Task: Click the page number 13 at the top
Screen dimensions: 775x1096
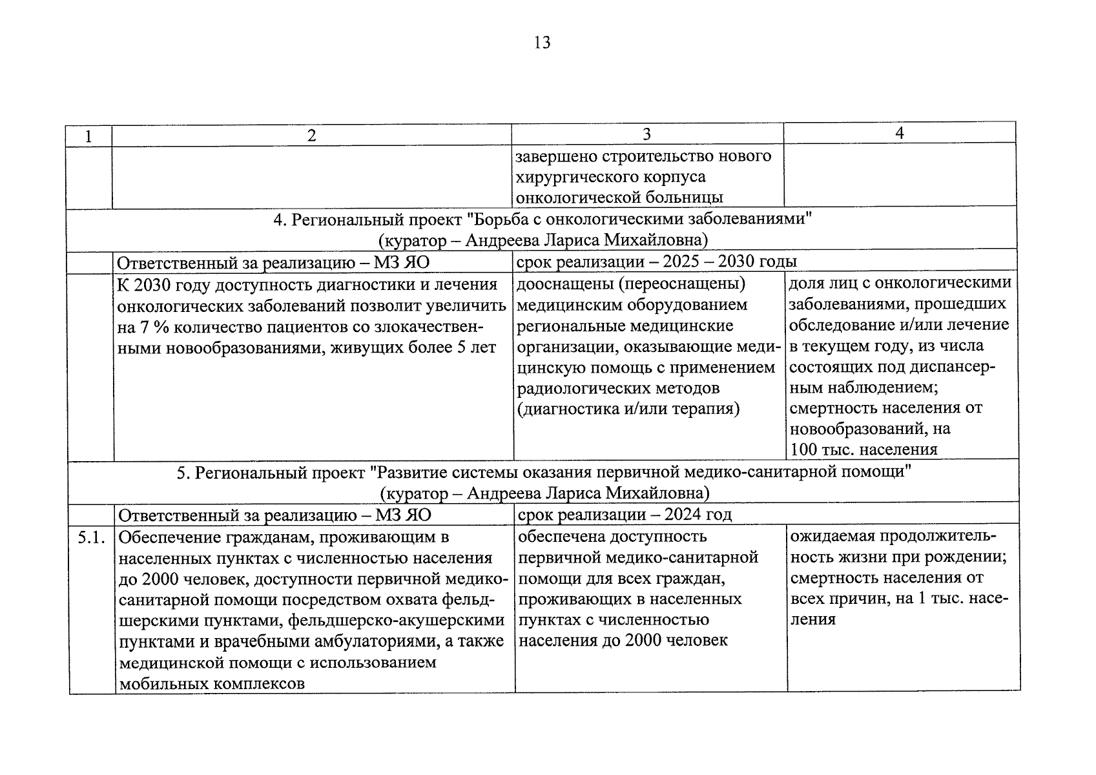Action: tap(543, 43)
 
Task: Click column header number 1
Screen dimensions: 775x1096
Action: tap(88, 136)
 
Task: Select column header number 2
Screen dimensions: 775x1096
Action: tap(312, 135)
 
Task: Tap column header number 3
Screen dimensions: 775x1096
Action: tap(646, 134)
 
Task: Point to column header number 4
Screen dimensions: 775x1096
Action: tap(899, 133)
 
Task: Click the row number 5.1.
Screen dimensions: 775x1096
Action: tap(92, 537)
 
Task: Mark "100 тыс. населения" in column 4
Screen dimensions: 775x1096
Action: tap(863, 449)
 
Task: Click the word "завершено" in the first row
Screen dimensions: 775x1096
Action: tap(557, 156)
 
